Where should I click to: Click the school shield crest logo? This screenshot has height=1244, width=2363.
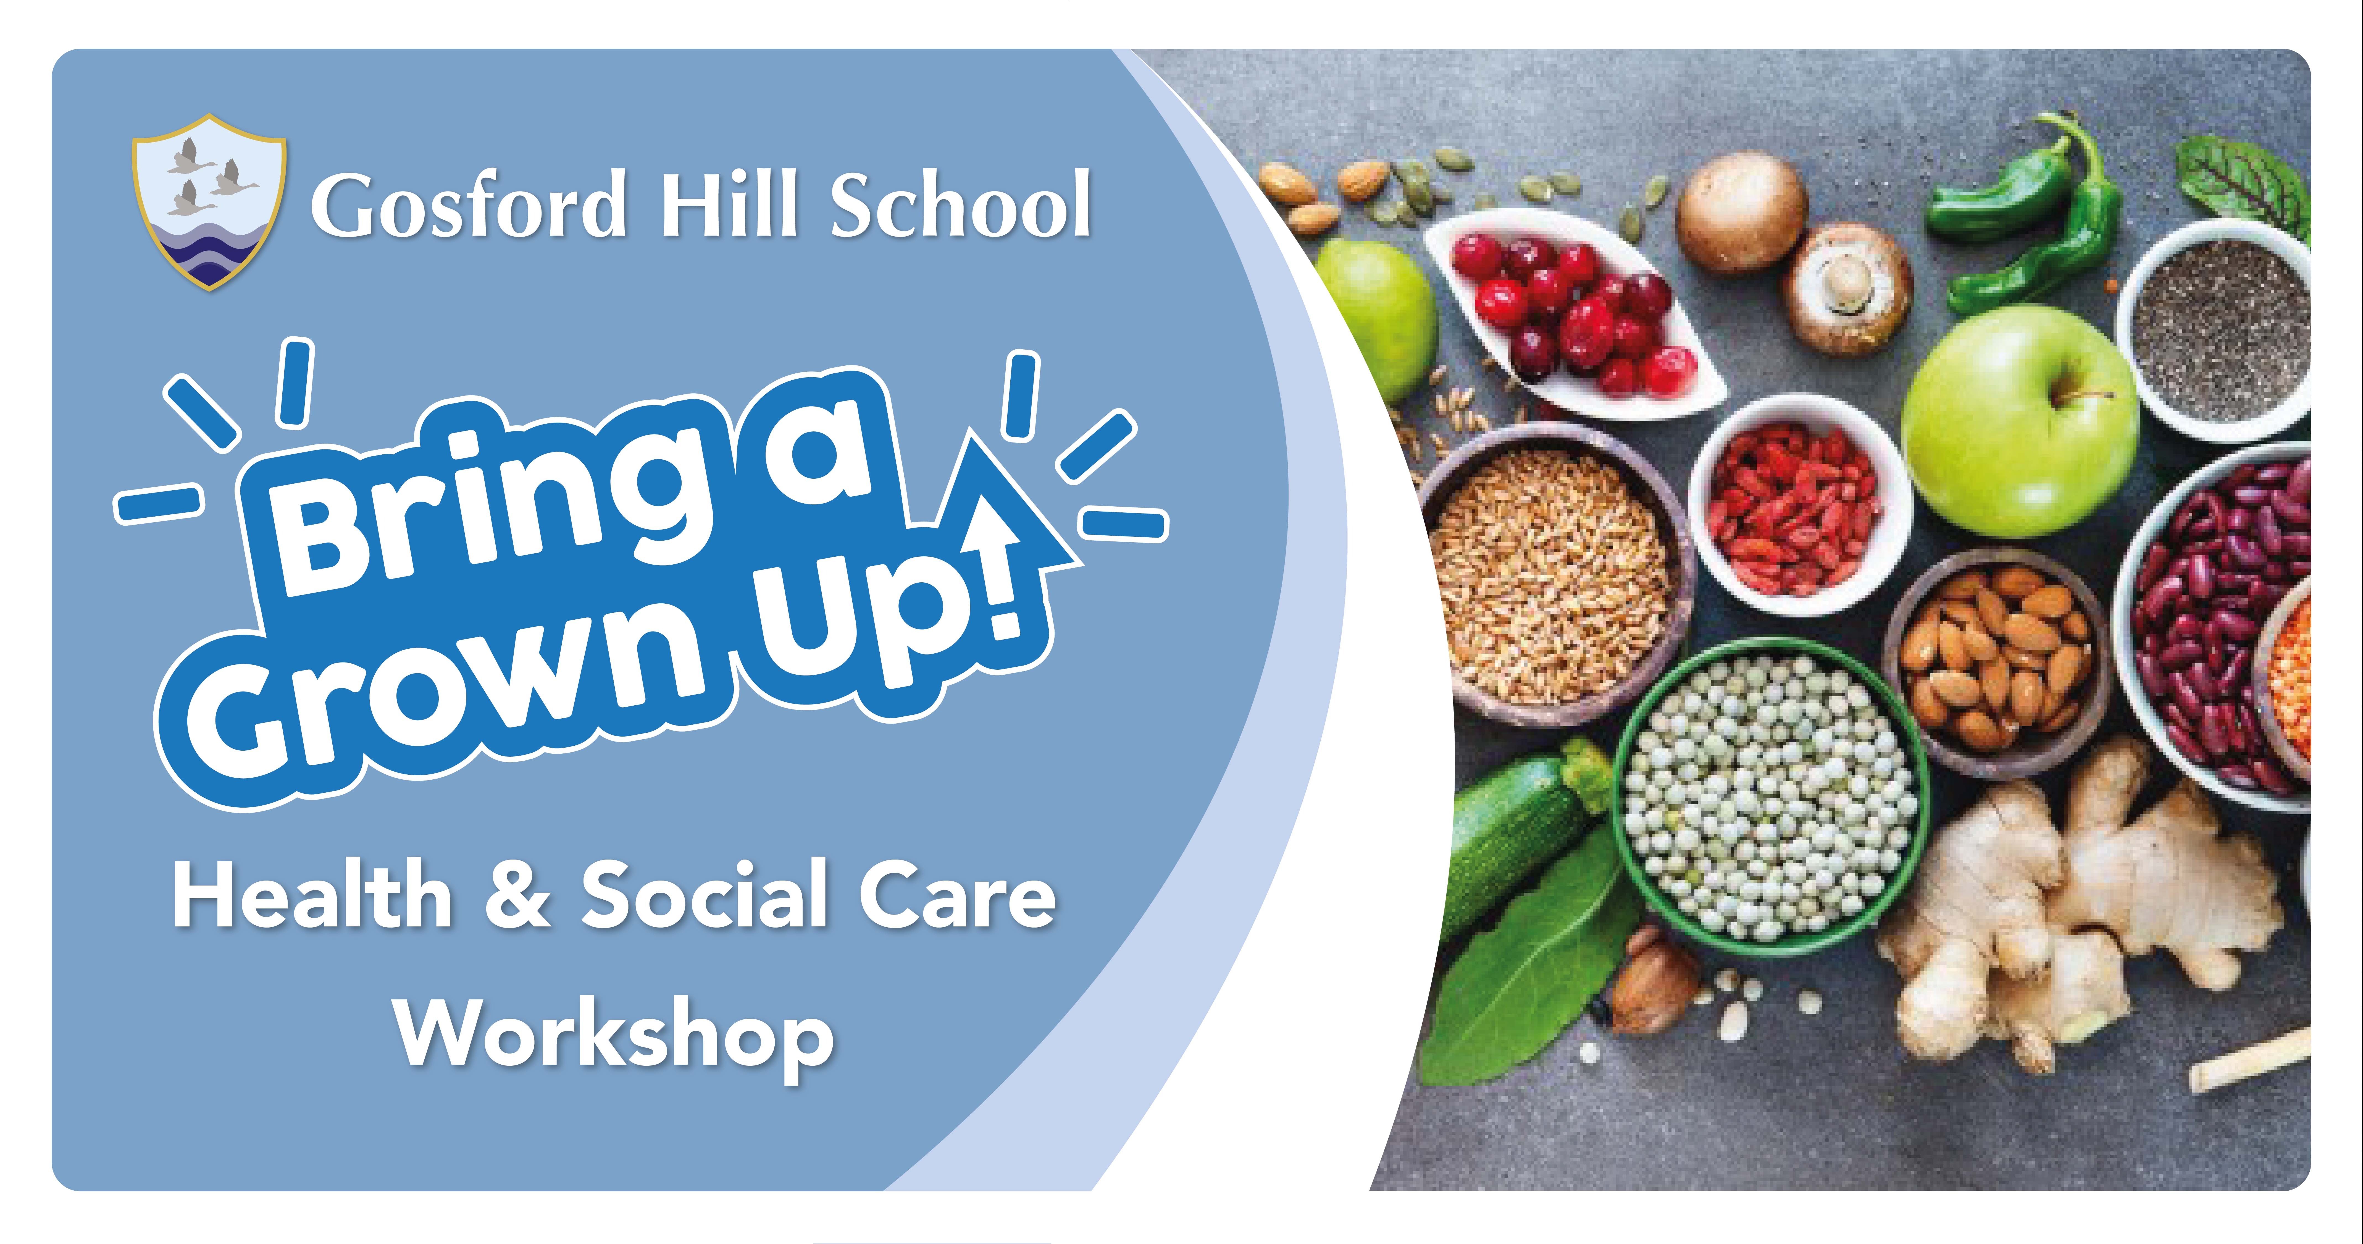(x=209, y=202)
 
